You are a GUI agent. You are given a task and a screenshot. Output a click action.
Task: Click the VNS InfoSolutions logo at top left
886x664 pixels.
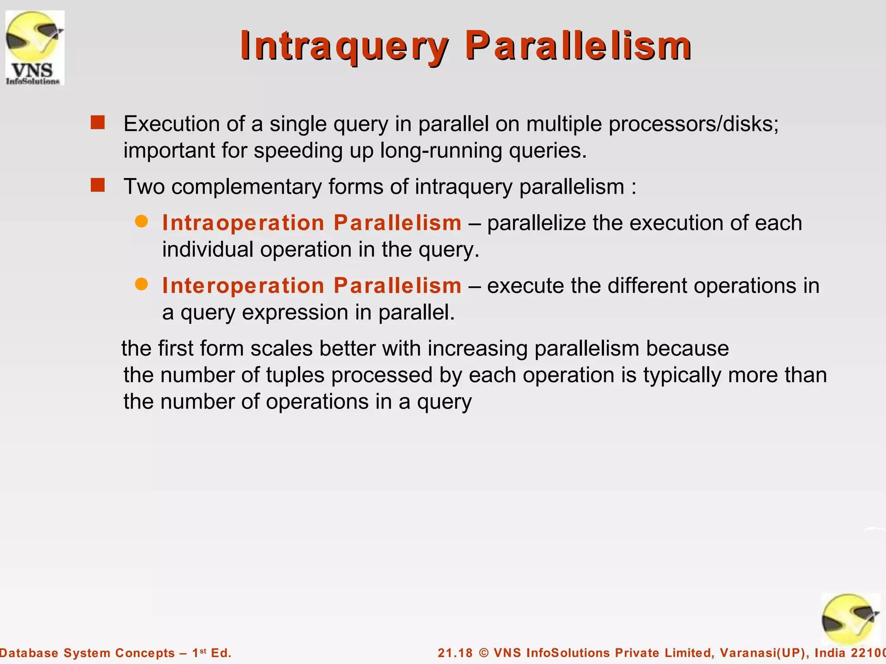click(35, 48)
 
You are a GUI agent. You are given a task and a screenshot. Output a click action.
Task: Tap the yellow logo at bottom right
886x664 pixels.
click(850, 619)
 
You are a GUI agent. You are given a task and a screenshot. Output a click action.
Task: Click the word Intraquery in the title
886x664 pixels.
click(344, 46)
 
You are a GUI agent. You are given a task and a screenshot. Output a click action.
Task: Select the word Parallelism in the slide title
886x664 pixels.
click(578, 46)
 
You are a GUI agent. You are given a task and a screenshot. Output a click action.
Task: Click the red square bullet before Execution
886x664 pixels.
click(98, 123)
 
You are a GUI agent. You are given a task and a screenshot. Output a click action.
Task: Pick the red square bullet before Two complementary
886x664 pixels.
click(98, 185)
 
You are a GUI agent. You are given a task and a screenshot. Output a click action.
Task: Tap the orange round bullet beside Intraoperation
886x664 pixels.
click(141, 222)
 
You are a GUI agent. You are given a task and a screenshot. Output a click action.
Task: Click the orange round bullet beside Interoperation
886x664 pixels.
click(141, 284)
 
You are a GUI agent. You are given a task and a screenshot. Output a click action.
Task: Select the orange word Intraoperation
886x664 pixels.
click(243, 223)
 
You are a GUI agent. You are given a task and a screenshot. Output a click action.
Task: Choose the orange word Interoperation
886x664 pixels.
click(243, 286)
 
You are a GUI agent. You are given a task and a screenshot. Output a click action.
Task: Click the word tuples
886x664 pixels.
click(295, 375)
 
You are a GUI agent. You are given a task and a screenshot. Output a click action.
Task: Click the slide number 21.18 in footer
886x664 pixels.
click(455, 653)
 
